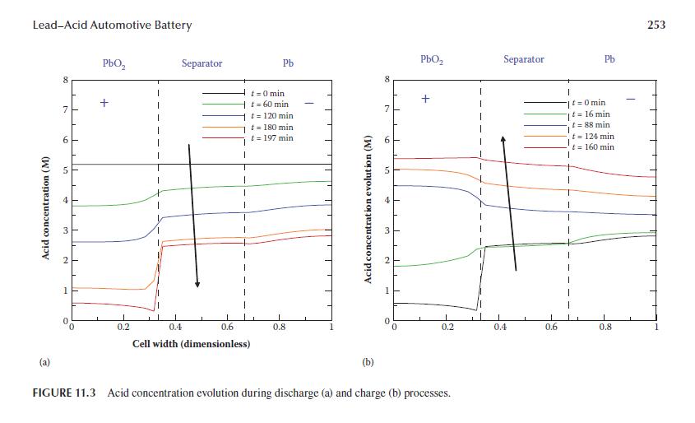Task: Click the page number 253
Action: click(656, 25)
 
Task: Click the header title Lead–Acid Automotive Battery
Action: click(112, 25)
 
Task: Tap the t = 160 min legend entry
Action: click(593, 146)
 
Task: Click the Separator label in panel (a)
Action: click(202, 63)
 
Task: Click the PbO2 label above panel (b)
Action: click(433, 60)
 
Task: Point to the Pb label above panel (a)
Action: click(288, 63)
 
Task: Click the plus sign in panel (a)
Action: click(104, 103)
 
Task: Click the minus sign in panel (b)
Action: click(631, 100)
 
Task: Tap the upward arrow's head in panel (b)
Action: click(503, 141)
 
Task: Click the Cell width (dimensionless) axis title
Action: click(191, 343)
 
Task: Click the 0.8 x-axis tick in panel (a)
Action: click(279, 328)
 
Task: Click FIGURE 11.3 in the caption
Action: click(63, 393)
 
